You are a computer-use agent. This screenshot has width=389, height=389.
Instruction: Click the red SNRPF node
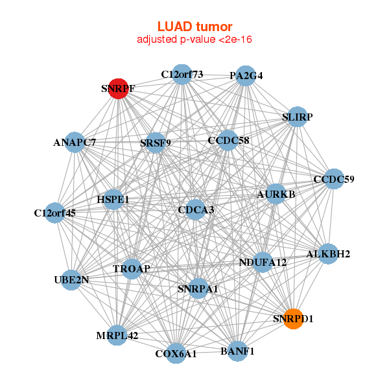[x=117, y=88]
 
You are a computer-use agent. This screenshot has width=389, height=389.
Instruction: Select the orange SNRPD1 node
[x=293, y=319]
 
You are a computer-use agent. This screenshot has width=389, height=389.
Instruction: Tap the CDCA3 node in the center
[x=196, y=210]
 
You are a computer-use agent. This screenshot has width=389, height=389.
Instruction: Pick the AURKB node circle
[x=276, y=194]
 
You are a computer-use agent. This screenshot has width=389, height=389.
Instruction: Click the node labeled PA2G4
[x=244, y=76]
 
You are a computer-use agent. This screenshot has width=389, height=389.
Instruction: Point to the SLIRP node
[x=297, y=117]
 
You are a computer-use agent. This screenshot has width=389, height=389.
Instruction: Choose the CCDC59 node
[x=333, y=179]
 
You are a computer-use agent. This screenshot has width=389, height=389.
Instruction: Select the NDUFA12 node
[x=263, y=262]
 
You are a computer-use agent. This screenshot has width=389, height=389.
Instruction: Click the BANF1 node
[x=237, y=351]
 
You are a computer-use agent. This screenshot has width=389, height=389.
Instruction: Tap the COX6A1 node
[x=176, y=353]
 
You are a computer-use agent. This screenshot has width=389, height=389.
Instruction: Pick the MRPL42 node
[x=117, y=335]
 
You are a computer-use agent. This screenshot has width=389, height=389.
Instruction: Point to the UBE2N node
[x=71, y=280]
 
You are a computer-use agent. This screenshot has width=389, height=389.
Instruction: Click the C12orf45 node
[x=55, y=213]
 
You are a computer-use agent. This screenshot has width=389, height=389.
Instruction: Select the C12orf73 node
[x=182, y=75]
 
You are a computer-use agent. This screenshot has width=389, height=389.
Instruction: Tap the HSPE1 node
[x=113, y=200]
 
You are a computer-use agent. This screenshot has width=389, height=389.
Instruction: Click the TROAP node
[x=132, y=268]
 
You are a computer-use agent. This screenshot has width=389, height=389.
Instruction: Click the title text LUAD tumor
[x=194, y=27]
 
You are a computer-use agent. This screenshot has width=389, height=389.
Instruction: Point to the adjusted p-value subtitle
[x=194, y=40]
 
